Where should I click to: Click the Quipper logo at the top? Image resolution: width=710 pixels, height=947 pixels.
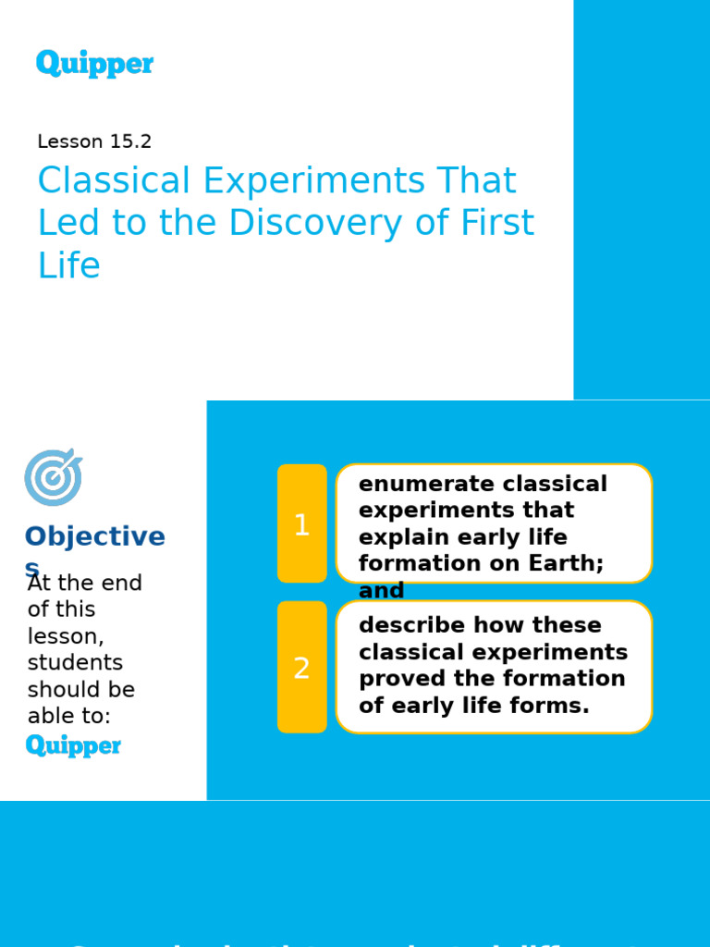pos(94,64)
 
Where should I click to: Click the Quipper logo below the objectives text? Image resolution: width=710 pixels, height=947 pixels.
pos(73,745)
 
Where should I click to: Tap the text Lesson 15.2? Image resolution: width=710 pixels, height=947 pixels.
pos(94,141)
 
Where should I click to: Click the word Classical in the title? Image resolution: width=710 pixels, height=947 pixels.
pos(114,181)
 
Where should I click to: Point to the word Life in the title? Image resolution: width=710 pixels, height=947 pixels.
pos(68,266)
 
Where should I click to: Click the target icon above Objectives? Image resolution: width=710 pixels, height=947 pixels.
pos(53,477)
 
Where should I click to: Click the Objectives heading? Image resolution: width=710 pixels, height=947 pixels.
pos(94,537)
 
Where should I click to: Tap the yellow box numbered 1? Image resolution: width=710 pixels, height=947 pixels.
pos(301,523)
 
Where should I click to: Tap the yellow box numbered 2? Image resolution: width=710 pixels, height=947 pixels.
pos(301,667)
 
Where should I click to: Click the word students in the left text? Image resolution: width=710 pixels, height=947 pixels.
pos(75,663)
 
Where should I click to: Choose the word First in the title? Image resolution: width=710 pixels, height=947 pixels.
pos(498,224)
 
